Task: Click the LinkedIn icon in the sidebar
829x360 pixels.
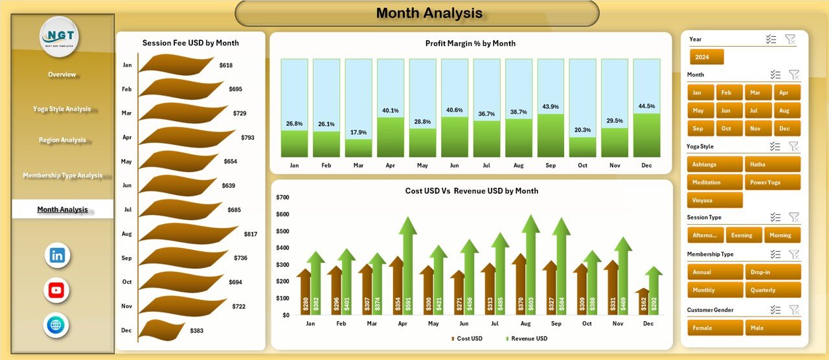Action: point(57,255)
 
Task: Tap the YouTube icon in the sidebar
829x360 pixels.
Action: point(56,290)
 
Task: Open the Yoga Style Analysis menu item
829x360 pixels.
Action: point(62,109)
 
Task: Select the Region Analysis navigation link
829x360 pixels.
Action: point(62,140)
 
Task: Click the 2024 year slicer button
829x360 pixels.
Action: point(707,57)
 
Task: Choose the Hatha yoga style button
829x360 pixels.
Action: point(772,164)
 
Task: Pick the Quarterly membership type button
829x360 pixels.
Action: point(772,290)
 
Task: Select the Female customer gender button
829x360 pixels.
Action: point(715,328)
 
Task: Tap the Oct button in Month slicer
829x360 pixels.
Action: point(727,128)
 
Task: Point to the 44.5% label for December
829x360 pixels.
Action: point(646,106)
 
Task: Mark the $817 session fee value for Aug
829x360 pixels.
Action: point(250,234)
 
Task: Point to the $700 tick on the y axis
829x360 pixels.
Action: point(282,197)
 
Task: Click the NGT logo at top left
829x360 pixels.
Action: point(60,36)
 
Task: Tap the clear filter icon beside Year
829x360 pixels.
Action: point(790,39)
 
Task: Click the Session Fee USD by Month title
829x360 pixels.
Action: point(190,43)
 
